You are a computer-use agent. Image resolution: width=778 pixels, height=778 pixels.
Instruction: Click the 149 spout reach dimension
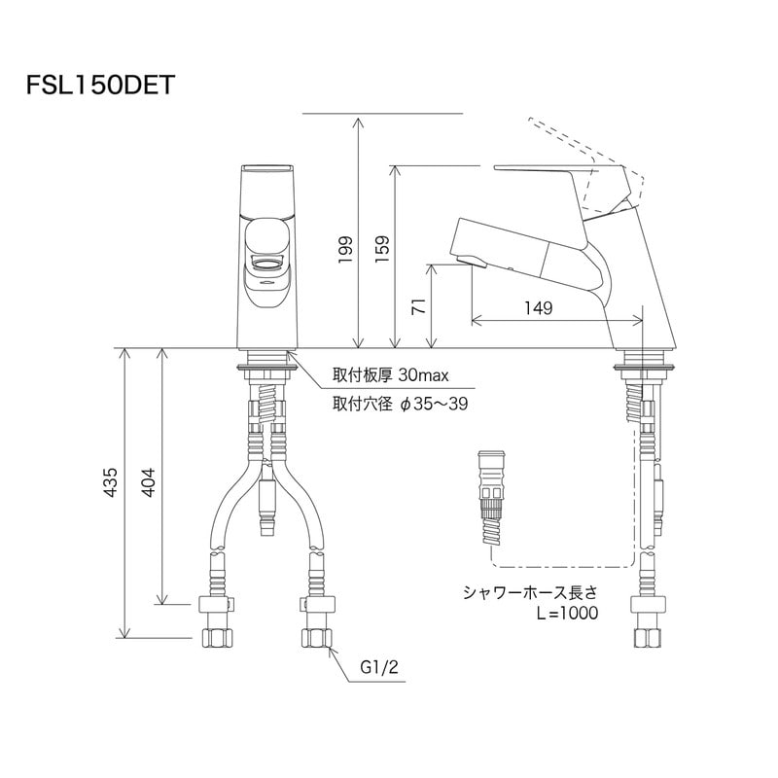536,308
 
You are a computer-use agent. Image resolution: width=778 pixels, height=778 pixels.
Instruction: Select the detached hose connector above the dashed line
488,501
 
